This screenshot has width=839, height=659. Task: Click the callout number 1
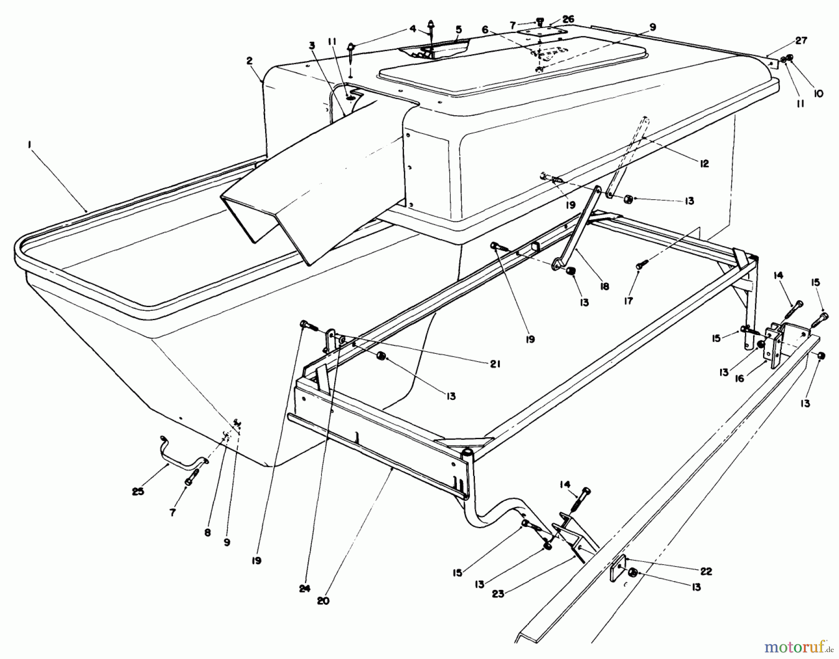tap(29, 146)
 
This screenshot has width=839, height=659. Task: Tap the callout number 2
tap(250, 61)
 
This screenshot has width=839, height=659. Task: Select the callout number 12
tap(703, 164)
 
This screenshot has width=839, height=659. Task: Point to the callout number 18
tap(605, 287)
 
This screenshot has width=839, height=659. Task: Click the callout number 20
tap(323, 601)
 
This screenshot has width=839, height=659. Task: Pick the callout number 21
tap(495, 364)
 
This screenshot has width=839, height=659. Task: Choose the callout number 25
tap(138, 491)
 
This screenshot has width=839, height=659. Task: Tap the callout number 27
tap(801, 41)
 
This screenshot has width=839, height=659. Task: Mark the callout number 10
tap(818, 93)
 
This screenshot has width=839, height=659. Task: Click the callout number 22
tap(706, 572)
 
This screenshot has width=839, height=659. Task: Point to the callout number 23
tap(498, 594)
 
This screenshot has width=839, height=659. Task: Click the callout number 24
tap(304, 589)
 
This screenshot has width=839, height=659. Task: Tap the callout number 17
tap(628, 301)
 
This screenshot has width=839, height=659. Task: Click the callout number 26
tap(568, 20)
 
